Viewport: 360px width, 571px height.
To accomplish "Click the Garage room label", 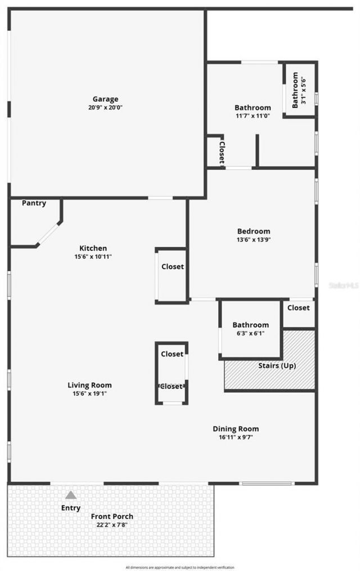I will pyautogui.click(x=105, y=99).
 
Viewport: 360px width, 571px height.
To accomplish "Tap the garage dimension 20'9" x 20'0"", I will pyautogui.click(x=105, y=107).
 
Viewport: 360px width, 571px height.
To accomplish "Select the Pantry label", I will pyautogui.click(x=34, y=203).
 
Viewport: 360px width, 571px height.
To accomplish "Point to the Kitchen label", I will pyautogui.click(x=93, y=248).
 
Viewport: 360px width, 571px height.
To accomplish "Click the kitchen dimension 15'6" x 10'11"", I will pyautogui.click(x=93, y=257).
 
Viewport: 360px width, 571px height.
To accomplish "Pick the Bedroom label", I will pyautogui.click(x=253, y=231).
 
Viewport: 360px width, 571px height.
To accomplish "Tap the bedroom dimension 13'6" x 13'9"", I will pyautogui.click(x=253, y=239).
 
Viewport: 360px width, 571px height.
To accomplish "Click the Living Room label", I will pyautogui.click(x=89, y=385).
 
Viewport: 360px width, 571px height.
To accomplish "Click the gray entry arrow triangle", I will pyautogui.click(x=70, y=495).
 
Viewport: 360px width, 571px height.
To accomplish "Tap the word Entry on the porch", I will pyautogui.click(x=70, y=508).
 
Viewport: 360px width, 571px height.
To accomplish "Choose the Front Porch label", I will pyautogui.click(x=112, y=516).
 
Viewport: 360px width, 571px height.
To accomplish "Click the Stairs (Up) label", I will pyautogui.click(x=277, y=366).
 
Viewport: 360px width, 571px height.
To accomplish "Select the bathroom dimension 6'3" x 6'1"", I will pyautogui.click(x=250, y=333).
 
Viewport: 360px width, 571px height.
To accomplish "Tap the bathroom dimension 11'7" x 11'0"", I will pyautogui.click(x=253, y=115).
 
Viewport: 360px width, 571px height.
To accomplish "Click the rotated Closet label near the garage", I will pyautogui.click(x=222, y=152).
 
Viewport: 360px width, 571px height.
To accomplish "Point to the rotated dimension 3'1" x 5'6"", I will pyautogui.click(x=304, y=89).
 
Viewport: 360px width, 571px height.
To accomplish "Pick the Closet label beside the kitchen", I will pyautogui.click(x=172, y=267).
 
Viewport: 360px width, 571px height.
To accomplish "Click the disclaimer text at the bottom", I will pyautogui.click(x=180, y=567).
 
